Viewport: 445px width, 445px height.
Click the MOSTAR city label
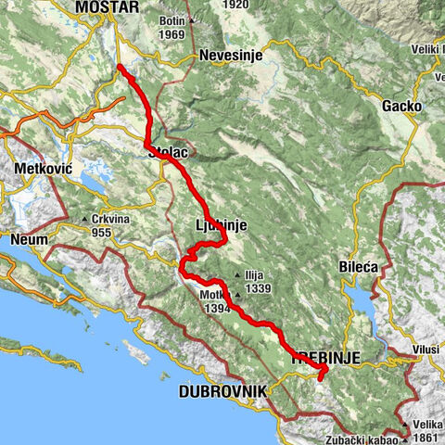(108, 7)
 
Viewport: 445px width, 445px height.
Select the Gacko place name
(401, 107)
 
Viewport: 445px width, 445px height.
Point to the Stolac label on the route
(167, 156)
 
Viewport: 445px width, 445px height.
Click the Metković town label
(44, 170)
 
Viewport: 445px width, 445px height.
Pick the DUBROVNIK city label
(222, 392)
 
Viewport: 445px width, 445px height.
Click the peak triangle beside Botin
(191, 20)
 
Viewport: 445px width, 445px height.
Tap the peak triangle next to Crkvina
(85, 221)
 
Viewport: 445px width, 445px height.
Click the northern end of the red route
(121, 67)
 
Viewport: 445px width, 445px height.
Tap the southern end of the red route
(321, 377)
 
